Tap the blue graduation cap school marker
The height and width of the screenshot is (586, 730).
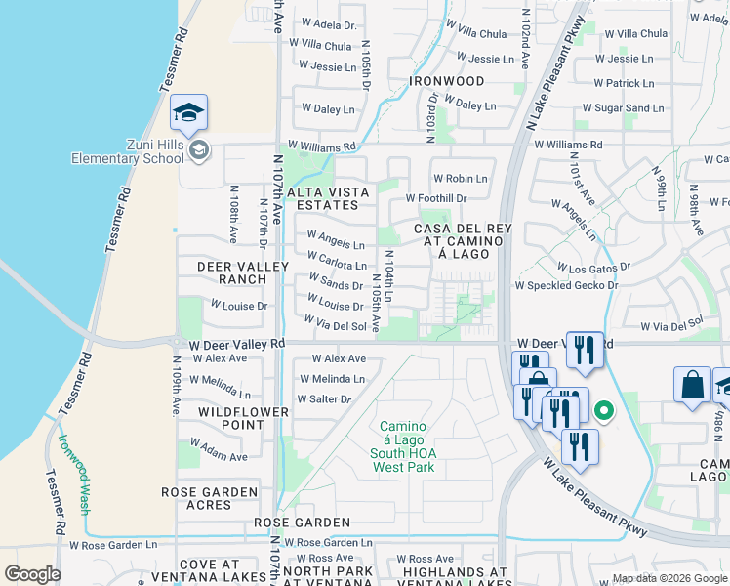188,113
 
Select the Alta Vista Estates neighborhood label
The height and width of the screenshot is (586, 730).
322,198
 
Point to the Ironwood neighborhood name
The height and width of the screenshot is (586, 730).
447,81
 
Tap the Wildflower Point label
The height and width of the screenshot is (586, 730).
243,419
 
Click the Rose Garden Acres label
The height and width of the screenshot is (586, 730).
210,498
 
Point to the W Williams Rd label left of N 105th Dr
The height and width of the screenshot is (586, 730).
327,146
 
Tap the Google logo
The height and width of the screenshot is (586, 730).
33,575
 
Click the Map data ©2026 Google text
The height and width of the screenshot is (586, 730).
669,578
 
